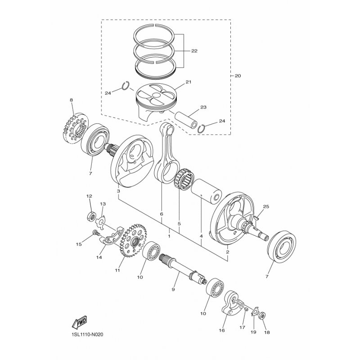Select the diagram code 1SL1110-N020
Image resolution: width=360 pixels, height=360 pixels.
90,335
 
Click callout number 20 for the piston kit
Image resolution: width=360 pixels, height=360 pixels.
237,76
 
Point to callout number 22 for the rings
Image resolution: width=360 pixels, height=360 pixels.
194,51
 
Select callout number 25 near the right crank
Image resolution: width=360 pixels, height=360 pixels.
265,207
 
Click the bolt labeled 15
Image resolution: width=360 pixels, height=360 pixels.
95,233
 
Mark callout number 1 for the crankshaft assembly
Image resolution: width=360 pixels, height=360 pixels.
169,235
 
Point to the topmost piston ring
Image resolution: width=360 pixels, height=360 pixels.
155,32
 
